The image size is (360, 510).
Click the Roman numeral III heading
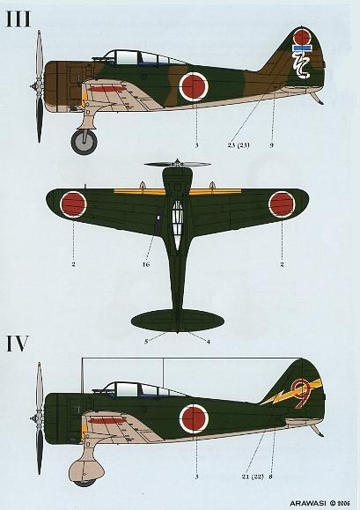18,19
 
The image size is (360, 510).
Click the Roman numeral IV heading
18,344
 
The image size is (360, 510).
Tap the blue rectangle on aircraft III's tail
302,48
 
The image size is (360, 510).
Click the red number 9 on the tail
303,393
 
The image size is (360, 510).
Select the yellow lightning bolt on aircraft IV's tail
291,393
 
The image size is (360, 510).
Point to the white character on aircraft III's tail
302,65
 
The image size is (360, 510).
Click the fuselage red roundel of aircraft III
194,86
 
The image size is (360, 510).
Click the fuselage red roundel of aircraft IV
194,418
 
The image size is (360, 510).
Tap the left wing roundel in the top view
73,204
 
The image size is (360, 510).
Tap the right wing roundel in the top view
282,204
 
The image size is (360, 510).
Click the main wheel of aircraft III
84,141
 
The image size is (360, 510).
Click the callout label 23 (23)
239,145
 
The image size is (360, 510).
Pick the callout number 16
146,264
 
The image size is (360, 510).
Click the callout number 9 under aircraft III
272,145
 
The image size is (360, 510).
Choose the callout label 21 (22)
253,477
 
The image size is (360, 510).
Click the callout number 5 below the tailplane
146,341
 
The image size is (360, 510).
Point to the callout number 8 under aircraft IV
271,477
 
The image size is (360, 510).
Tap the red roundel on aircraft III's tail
302,36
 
